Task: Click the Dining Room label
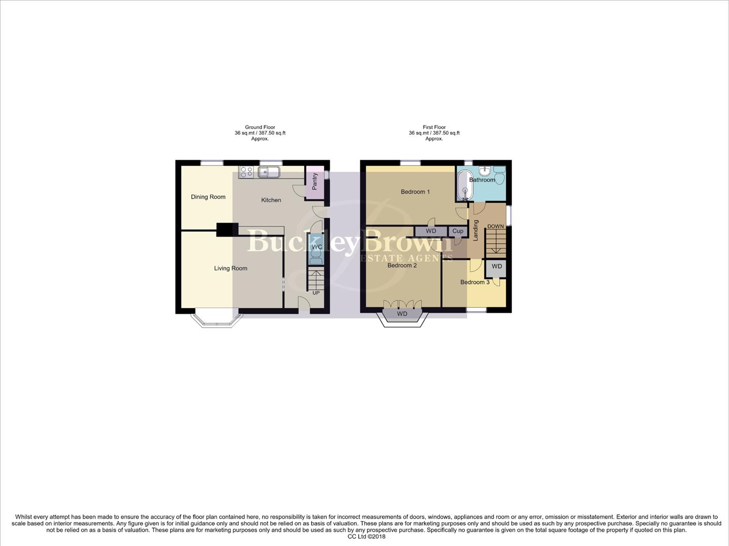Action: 208,197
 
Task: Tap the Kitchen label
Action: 271,200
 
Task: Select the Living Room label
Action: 230,268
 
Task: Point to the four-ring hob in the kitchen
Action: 246,172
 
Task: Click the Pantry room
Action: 315,180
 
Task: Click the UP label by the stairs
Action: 316,293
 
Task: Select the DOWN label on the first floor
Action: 495,226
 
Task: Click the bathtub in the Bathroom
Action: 464,186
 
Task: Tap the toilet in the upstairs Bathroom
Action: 500,177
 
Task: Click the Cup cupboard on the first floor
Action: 458,231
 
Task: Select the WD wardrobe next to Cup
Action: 431,231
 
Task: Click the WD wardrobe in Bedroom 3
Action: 497,266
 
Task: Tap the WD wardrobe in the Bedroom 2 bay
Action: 402,314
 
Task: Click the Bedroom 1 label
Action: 415,192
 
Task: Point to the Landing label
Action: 476,230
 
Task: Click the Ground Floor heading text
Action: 260,127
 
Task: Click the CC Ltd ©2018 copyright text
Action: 366,537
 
